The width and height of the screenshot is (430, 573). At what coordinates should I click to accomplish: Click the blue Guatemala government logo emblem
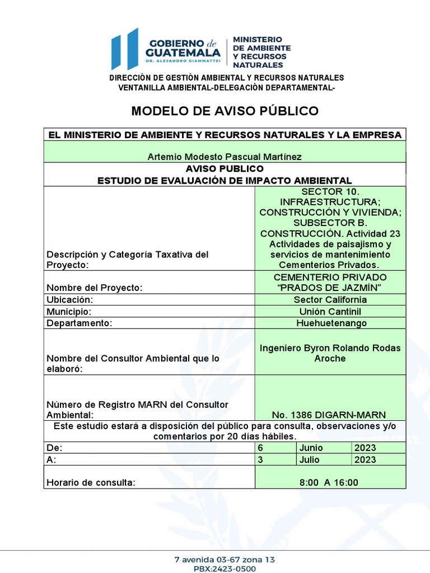coord(124,49)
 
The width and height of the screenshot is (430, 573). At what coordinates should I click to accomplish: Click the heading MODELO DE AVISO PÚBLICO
coord(225,111)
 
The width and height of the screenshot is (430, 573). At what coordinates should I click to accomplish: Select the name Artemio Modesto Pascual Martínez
coord(225,157)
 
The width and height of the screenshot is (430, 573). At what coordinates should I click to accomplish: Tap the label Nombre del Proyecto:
coord(95,288)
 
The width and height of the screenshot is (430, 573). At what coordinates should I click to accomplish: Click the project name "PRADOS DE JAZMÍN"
coord(330,288)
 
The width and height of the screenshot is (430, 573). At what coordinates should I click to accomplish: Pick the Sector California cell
coord(330,299)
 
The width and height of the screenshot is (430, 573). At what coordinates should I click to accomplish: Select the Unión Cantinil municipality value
coord(330,311)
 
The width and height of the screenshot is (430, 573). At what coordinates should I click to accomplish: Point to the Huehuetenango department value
coord(330,323)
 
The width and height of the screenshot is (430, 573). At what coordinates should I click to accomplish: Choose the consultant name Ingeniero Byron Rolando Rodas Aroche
coord(330,353)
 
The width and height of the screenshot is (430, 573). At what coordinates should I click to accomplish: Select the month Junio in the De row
coord(311,448)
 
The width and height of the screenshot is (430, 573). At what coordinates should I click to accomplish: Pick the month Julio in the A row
coord(310,459)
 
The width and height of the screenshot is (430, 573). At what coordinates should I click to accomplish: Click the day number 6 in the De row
coord(260,448)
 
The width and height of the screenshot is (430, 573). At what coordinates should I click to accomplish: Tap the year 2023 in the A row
coord(365,459)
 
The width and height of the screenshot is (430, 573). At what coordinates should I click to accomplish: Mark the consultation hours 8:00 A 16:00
coord(330,482)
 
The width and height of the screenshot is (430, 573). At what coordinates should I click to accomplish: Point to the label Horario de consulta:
coord(91,482)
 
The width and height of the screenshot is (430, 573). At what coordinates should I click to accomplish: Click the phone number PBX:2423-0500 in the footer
coord(225,569)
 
